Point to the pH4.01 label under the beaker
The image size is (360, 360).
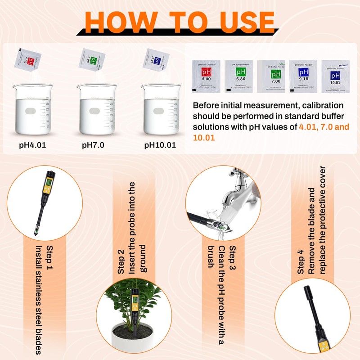pyautogui.click(x=32, y=145)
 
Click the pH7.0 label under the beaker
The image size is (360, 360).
pyautogui.click(x=93, y=145)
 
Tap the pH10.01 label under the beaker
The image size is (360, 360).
pyautogui.click(x=160, y=145)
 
